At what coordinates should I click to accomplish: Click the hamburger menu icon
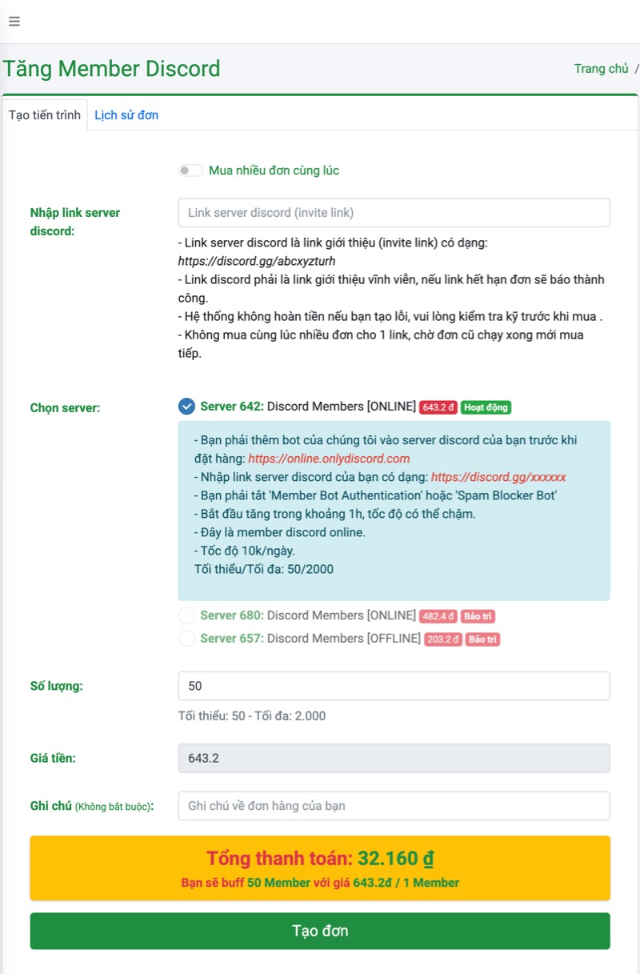pyautogui.click(x=14, y=22)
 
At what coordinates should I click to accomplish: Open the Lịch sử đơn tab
pyautogui.click(x=126, y=115)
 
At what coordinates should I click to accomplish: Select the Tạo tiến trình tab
pyautogui.click(x=45, y=115)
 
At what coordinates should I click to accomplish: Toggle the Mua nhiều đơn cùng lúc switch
pyautogui.click(x=190, y=170)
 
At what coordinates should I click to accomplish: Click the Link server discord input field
pyautogui.click(x=394, y=213)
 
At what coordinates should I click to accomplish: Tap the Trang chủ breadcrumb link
pyautogui.click(x=601, y=69)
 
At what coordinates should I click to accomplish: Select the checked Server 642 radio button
pyautogui.click(x=186, y=407)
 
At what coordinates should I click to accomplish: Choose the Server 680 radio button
pyautogui.click(x=186, y=615)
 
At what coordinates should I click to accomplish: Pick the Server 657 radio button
pyautogui.click(x=186, y=639)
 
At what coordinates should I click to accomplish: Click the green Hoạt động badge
pyautogui.click(x=486, y=407)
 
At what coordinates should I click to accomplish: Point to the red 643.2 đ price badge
pyautogui.click(x=438, y=407)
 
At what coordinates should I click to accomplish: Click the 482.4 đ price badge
pyautogui.click(x=438, y=616)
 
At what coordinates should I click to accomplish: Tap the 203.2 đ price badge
pyautogui.click(x=443, y=639)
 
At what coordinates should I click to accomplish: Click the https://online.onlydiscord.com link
pyautogui.click(x=329, y=459)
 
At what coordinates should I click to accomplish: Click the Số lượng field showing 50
pyautogui.click(x=394, y=686)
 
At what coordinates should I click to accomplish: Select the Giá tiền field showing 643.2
pyautogui.click(x=394, y=758)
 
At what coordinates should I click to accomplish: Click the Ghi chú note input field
pyautogui.click(x=394, y=806)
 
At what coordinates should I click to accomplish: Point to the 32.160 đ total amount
pyautogui.click(x=395, y=859)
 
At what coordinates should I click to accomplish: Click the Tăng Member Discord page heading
pyautogui.click(x=111, y=69)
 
